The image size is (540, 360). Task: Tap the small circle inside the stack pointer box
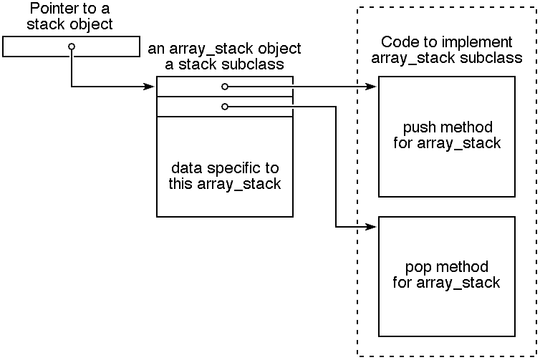pyautogui.click(x=71, y=47)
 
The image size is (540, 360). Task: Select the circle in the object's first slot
pyautogui.click(x=224, y=87)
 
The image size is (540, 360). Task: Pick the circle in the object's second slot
pyautogui.click(x=224, y=107)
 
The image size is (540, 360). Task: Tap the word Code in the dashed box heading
pyautogui.click(x=397, y=42)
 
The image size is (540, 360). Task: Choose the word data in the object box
pyautogui.click(x=185, y=168)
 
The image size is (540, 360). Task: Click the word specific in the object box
pyautogui.click(x=226, y=168)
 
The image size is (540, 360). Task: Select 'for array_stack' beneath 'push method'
pyautogui.click(x=447, y=142)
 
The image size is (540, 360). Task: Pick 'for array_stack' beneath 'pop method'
pyautogui.click(x=447, y=282)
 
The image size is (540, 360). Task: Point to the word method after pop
pyautogui.click(x=461, y=268)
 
